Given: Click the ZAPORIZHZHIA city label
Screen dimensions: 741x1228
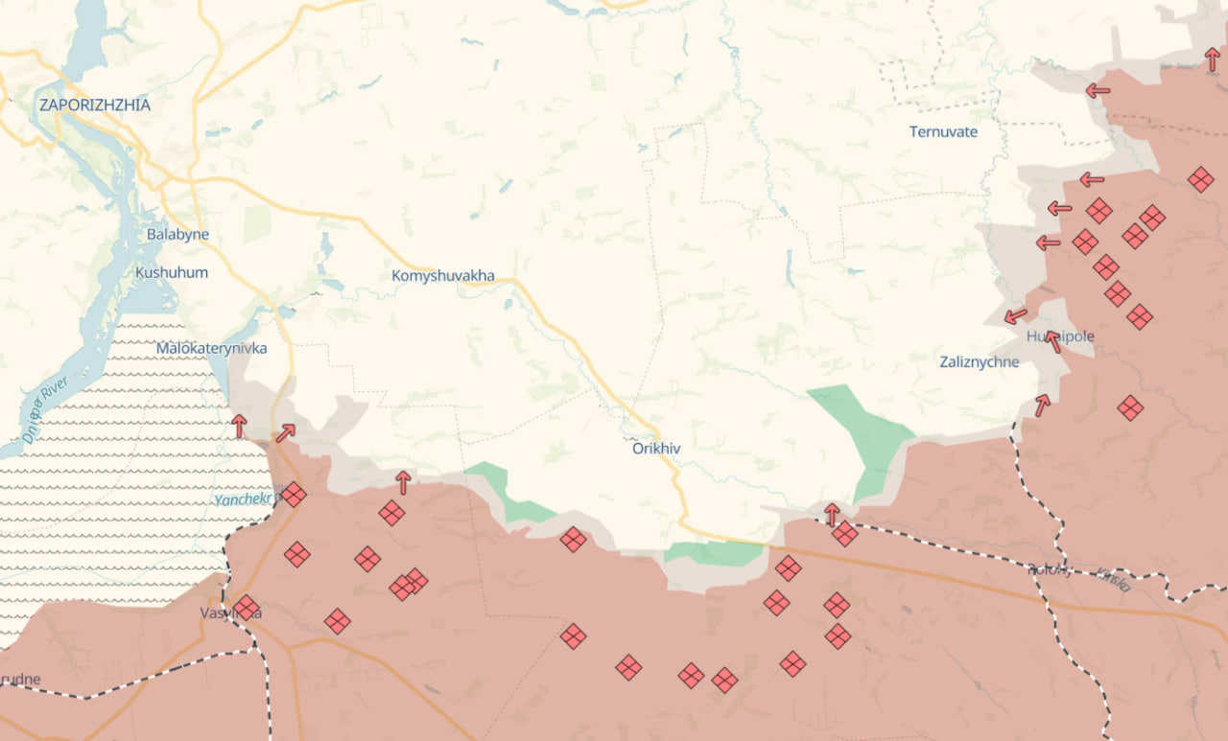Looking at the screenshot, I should tap(94, 105).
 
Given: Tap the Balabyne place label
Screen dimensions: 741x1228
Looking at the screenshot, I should tap(177, 234).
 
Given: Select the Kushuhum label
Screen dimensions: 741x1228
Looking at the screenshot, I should tap(172, 272).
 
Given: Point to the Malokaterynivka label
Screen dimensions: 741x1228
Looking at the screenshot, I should tap(212, 348).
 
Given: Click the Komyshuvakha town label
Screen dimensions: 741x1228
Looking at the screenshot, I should tap(443, 276).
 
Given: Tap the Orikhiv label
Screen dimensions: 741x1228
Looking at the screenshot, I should tap(656, 448).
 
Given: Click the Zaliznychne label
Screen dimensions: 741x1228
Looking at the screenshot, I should tap(980, 361).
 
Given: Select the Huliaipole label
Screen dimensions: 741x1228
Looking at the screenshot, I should tap(1060, 336).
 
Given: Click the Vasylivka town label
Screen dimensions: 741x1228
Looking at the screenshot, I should tap(230, 612).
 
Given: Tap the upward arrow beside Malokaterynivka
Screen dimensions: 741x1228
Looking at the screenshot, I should tap(240, 426).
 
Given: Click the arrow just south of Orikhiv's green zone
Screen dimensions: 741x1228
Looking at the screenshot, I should tap(832, 514).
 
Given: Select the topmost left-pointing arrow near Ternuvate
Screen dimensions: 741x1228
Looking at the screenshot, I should tap(1098, 90).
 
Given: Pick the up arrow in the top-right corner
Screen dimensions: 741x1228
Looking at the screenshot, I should tap(1213, 58).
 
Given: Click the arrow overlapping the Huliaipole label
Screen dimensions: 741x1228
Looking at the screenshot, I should tap(1053, 341).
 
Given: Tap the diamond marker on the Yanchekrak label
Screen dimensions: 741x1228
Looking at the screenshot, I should tap(294, 495).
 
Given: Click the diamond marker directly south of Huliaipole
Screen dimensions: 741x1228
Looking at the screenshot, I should tap(1130, 408).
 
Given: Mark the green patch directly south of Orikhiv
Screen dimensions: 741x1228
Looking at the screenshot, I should tap(714, 553).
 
